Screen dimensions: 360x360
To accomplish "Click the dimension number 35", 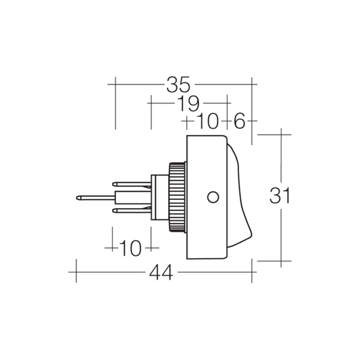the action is [178, 84].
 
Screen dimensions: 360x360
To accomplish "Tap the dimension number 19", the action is [188, 103].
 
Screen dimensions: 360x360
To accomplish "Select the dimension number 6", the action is [240, 121].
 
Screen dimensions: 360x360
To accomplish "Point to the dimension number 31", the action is [280, 196].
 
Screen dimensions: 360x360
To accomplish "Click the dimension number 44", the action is [161, 272].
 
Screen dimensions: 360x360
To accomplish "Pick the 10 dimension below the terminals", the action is [130, 248].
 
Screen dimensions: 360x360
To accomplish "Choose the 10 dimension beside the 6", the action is [207, 121].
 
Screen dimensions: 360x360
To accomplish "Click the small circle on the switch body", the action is [213, 197].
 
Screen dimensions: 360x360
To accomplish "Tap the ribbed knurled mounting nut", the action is [177, 197].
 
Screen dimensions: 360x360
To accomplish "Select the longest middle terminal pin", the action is [95, 198].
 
